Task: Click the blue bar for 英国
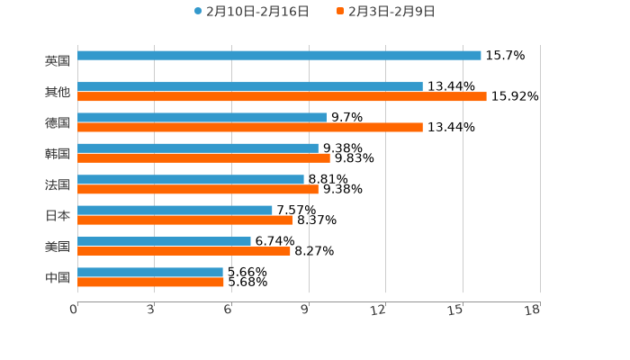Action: click(x=279, y=56)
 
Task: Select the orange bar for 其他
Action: click(x=282, y=97)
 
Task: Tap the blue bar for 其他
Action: click(x=250, y=87)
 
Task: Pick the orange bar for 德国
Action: click(x=250, y=128)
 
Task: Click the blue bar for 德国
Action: click(x=202, y=118)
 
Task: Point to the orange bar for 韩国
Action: click(x=203, y=158)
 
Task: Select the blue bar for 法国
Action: click(x=191, y=180)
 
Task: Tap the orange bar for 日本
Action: click(x=185, y=220)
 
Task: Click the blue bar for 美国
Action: click(x=164, y=241)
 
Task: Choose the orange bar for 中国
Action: click(x=150, y=283)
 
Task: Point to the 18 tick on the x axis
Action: click(x=533, y=310)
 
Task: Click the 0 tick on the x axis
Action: click(x=74, y=310)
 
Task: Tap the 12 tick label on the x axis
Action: click(x=379, y=310)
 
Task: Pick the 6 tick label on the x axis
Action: click(x=229, y=310)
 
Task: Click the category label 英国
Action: click(x=58, y=61)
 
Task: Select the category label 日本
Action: click(x=58, y=216)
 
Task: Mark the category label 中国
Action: click(x=58, y=278)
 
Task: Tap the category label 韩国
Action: click(x=58, y=154)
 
